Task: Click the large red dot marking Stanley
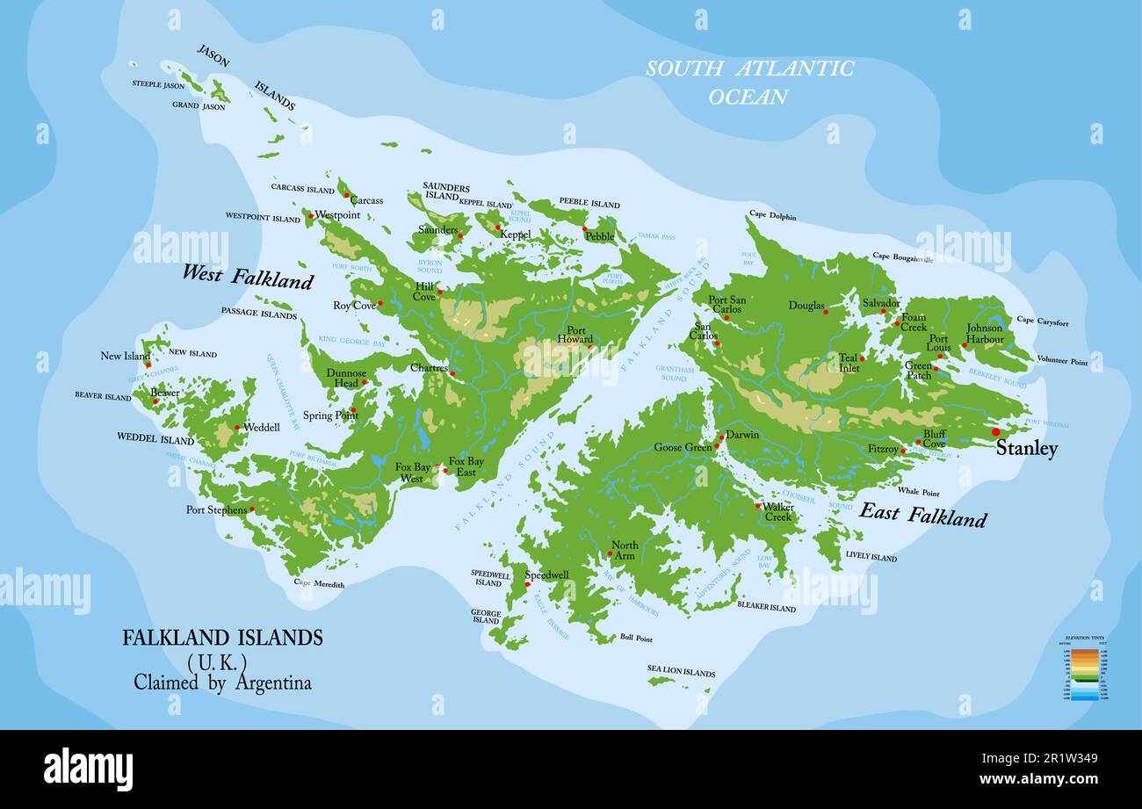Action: [995, 431]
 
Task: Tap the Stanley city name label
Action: [1026, 449]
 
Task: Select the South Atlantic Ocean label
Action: [749, 82]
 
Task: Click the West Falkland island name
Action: [247, 276]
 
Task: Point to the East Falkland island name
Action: [922, 515]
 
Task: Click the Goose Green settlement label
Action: [683, 447]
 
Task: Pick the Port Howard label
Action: [575, 335]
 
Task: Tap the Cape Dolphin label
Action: [772, 214]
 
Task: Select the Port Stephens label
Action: [216, 509]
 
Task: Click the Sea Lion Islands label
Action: [681, 672]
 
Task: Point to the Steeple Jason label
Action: [158, 84]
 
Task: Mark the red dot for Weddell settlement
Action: [236, 428]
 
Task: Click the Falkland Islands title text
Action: [222, 638]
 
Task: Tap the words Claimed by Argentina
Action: [222, 683]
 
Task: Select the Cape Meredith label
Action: [319, 583]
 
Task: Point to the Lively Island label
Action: [871, 556]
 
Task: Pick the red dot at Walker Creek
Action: [757, 505]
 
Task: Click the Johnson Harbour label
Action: [984, 334]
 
